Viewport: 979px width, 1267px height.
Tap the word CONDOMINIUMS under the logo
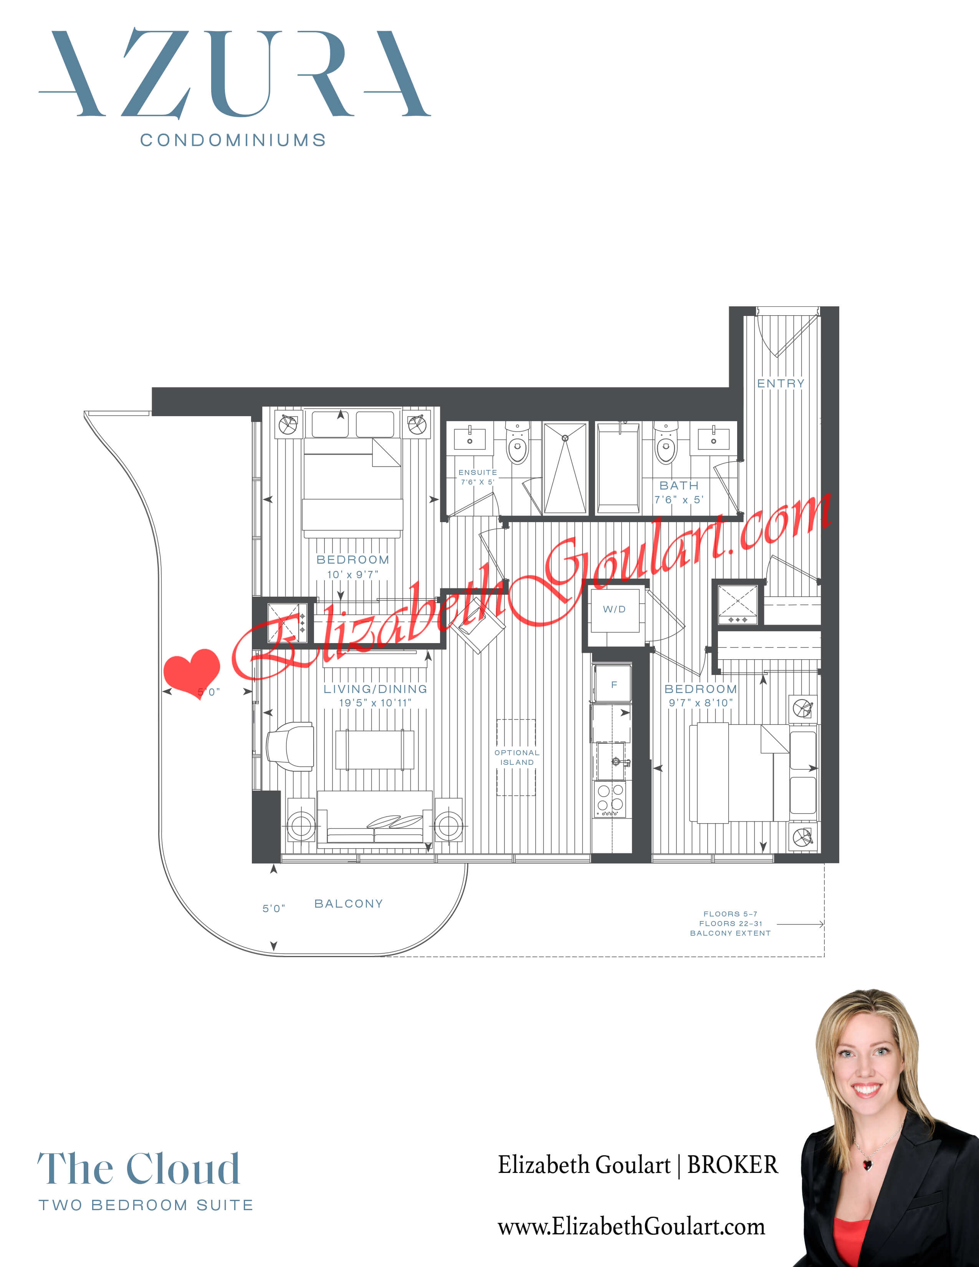point(233,141)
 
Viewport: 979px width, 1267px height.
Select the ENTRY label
point(781,384)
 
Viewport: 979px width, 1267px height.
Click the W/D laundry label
point(614,609)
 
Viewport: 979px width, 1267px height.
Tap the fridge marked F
point(614,685)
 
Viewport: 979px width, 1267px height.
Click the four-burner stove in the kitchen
point(610,799)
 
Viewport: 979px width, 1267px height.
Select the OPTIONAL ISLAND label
point(517,758)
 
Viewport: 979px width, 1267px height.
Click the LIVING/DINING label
point(375,689)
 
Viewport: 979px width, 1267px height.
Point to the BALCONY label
point(349,904)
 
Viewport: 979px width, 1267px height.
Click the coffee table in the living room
point(375,749)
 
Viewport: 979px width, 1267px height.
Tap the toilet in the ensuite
point(518,444)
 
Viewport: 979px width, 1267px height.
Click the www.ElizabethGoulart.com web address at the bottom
point(631,1226)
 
